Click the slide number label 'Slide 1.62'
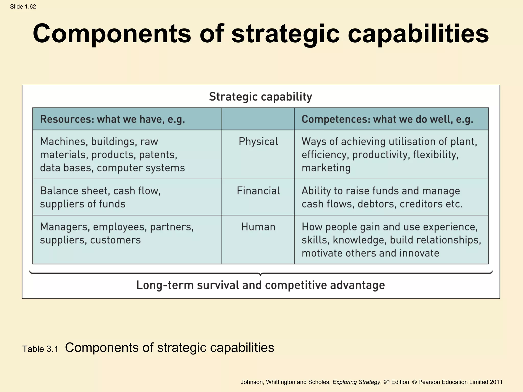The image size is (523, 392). pos(23,7)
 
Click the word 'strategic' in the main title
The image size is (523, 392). pos(286,34)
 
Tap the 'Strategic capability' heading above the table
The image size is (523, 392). pos(260,97)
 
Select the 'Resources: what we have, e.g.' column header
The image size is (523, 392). pos(112,119)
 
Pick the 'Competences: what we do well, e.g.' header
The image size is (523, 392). pos(387,119)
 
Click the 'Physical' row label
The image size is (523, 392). pos(258,142)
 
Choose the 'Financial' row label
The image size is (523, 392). pos(258,191)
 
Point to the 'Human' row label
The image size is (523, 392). pos(258,227)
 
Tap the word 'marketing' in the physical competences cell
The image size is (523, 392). pos(326,168)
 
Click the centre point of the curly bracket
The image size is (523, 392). pos(260,274)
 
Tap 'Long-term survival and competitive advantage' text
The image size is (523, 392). pos(260,285)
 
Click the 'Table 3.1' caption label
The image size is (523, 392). pos(40,349)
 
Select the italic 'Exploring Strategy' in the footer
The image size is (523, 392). pos(356,382)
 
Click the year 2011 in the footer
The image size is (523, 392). pos(496,382)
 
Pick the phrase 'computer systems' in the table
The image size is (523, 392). pos(141,168)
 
